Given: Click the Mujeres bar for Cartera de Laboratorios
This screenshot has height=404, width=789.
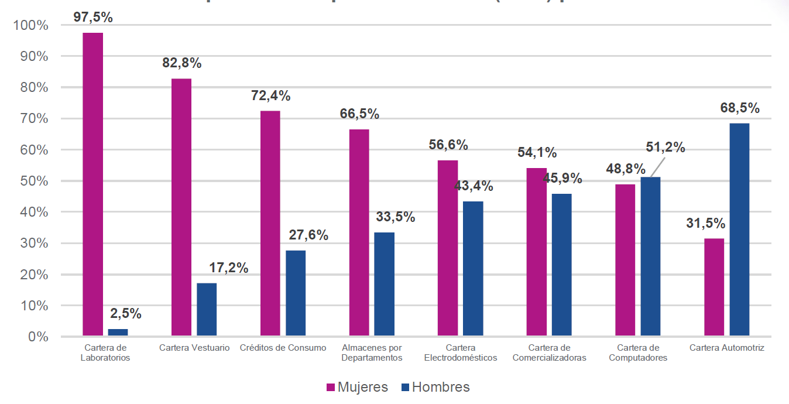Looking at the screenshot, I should (92, 184).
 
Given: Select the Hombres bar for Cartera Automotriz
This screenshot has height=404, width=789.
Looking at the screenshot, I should (739, 230).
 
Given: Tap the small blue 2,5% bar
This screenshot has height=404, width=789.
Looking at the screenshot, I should (118, 333).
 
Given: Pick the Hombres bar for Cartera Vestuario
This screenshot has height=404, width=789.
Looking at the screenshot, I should (207, 310).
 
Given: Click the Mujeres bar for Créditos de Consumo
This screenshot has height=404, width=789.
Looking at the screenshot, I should (270, 224).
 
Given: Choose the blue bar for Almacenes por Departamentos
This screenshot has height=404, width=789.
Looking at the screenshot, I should (384, 284).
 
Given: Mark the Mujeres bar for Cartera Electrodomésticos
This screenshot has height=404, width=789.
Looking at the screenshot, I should (448, 248).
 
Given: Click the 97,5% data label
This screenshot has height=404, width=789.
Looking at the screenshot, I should (93, 18).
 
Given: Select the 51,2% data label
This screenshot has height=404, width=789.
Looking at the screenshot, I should (665, 148).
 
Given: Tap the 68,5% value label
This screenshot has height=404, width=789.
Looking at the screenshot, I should (740, 108).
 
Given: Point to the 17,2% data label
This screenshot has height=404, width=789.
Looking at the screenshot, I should (229, 269).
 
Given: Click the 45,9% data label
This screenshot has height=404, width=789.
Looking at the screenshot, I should (562, 178).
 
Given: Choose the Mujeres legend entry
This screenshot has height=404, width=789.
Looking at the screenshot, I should (356, 387).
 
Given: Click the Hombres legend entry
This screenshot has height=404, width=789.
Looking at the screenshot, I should (435, 387).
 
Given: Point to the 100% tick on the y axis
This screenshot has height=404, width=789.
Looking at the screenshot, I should (30, 26).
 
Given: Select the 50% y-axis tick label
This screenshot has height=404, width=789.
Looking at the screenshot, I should (33, 181).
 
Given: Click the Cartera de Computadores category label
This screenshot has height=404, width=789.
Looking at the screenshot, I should (638, 353).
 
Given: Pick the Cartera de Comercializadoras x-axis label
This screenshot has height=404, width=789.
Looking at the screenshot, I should (549, 353).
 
